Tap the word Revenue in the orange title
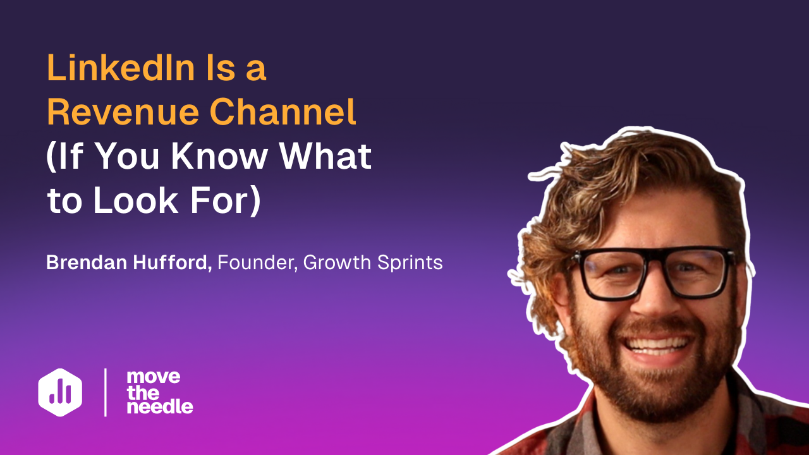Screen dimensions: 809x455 pos(123,111)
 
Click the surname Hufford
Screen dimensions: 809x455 pos(173,262)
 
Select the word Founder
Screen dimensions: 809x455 pos(258,262)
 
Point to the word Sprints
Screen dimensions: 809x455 pos(410,263)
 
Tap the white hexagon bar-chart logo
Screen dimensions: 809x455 pos(60,392)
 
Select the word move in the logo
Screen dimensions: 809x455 pos(154,377)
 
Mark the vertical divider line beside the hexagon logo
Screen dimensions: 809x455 pos(106,392)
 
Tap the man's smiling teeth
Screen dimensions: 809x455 pos(658,344)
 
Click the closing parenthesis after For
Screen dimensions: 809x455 pos(256,200)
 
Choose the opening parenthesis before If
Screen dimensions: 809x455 pos(51,156)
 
